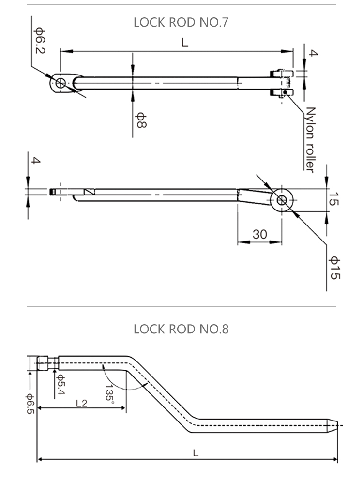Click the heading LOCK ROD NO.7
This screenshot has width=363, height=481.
pyautogui.click(x=181, y=22)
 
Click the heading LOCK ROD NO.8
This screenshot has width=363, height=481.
pyautogui.click(x=181, y=329)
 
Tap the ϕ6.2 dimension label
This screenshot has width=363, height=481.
pyautogui.click(x=39, y=41)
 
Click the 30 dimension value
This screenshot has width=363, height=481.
pyautogui.click(x=260, y=235)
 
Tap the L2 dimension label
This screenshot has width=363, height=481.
pyautogui.click(x=81, y=403)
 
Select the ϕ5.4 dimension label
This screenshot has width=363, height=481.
pyautogui.click(x=61, y=385)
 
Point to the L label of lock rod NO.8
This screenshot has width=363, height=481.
pyautogui.click(x=196, y=453)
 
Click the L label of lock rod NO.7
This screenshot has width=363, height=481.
pyautogui.click(x=184, y=43)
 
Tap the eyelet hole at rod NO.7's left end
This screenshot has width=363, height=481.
pyautogui.click(x=60, y=83)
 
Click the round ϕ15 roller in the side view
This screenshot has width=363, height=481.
pyautogui.click(x=282, y=199)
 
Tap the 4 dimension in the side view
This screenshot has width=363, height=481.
pyautogui.click(x=35, y=161)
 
